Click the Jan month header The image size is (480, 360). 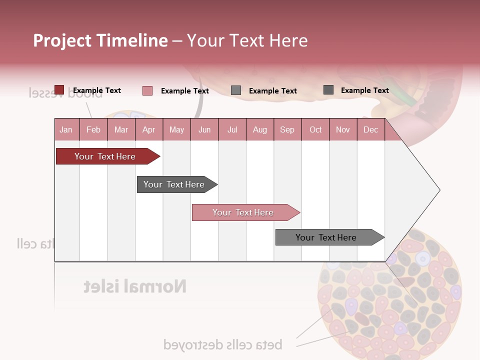66,130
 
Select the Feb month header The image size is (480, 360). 93,130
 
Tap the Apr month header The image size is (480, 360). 148,130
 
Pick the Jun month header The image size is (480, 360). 204,130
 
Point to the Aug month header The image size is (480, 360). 259,130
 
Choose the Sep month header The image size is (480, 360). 287,130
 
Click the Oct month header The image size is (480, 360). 315,130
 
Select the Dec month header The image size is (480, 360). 370,130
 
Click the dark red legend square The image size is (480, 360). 59,90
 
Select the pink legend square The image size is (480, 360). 147,90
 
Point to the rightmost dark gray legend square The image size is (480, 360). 328,90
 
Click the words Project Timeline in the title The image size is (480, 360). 100,40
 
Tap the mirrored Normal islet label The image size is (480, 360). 135,286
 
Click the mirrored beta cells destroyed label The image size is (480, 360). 222,344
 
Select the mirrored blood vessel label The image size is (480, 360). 65,93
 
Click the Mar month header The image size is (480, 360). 121,130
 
